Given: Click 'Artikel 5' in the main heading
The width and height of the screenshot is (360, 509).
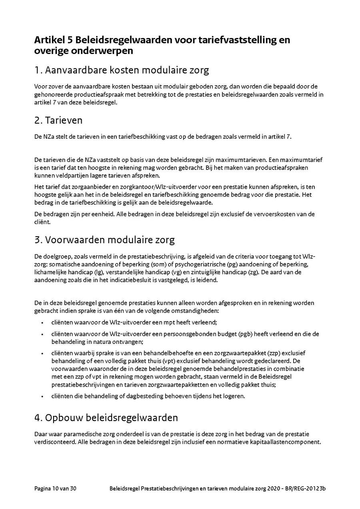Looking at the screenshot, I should click(54, 40).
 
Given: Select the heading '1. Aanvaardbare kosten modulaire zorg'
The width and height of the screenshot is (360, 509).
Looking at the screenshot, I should click(122, 70).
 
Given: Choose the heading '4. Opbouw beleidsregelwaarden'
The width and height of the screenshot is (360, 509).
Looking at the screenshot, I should click(106, 418).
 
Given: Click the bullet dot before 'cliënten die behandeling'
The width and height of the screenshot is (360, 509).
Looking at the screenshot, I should click(42, 396).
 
